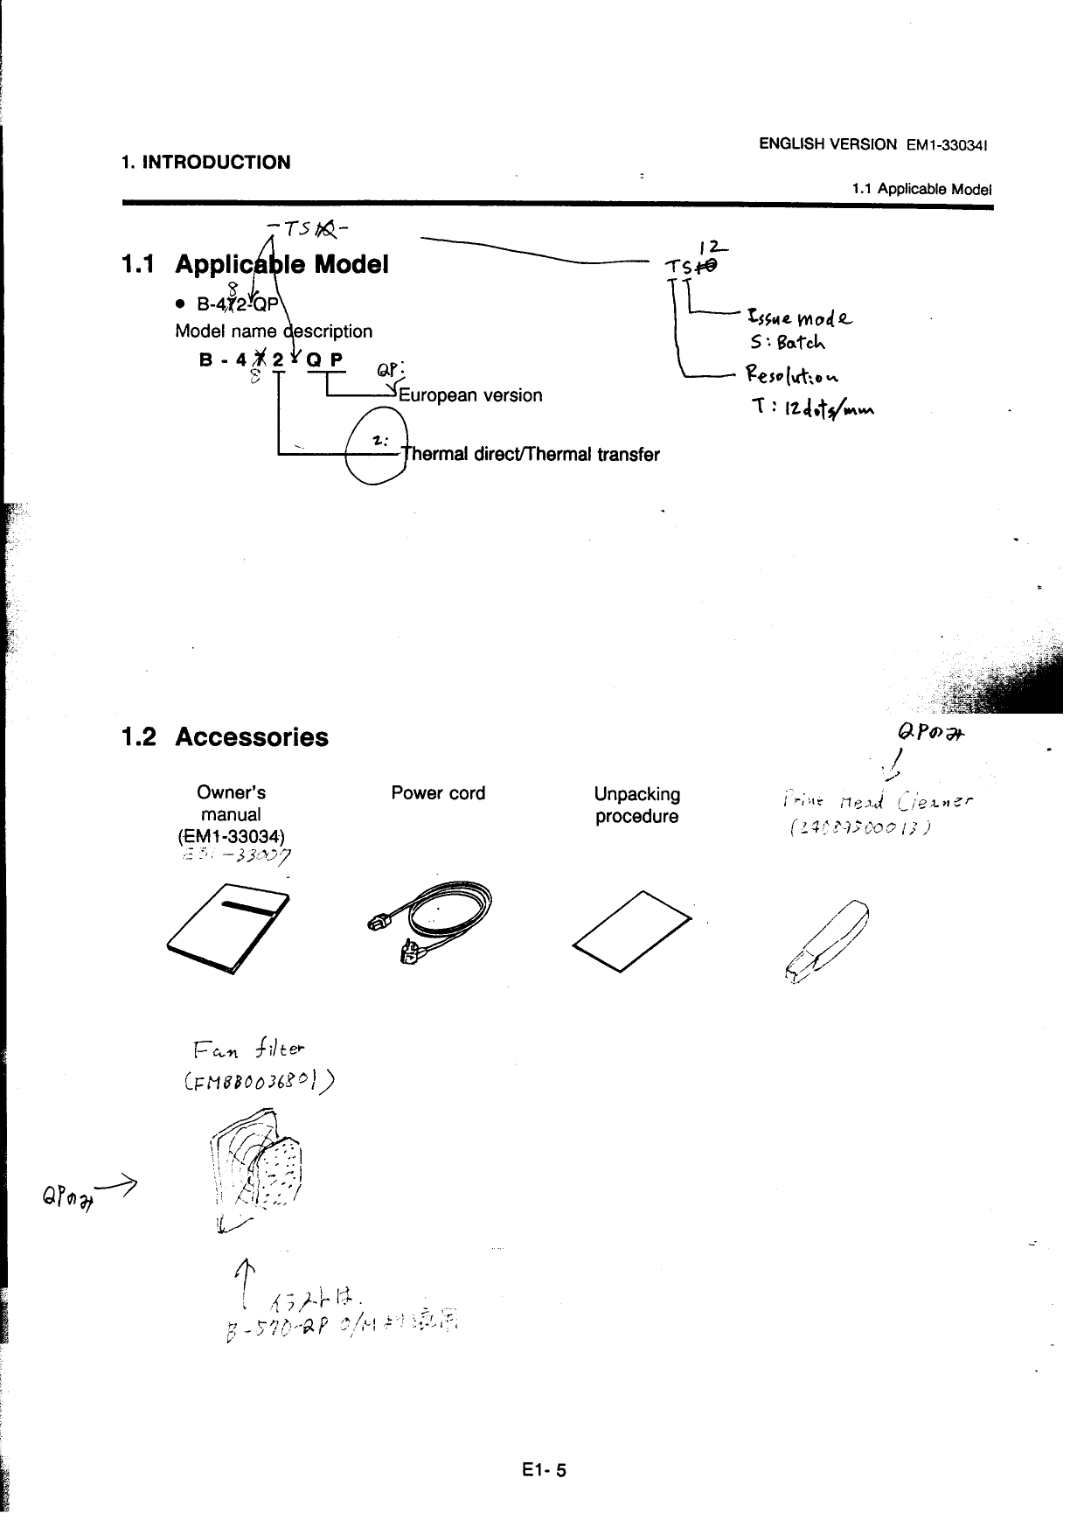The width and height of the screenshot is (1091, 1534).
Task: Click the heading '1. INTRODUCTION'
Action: click(205, 162)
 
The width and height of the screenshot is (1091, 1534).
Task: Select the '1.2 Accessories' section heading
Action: click(226, 737)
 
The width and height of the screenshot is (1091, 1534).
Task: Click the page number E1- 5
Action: click(542, 1470)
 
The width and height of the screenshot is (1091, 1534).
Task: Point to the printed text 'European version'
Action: click(470, 395)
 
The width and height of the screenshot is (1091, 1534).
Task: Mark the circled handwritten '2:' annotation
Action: click(377, 443)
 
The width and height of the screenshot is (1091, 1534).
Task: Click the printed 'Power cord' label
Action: click(438, 793)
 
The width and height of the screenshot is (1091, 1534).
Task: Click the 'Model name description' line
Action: click(274, 331)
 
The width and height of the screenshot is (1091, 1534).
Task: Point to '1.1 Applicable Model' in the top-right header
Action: click(921, 189)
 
